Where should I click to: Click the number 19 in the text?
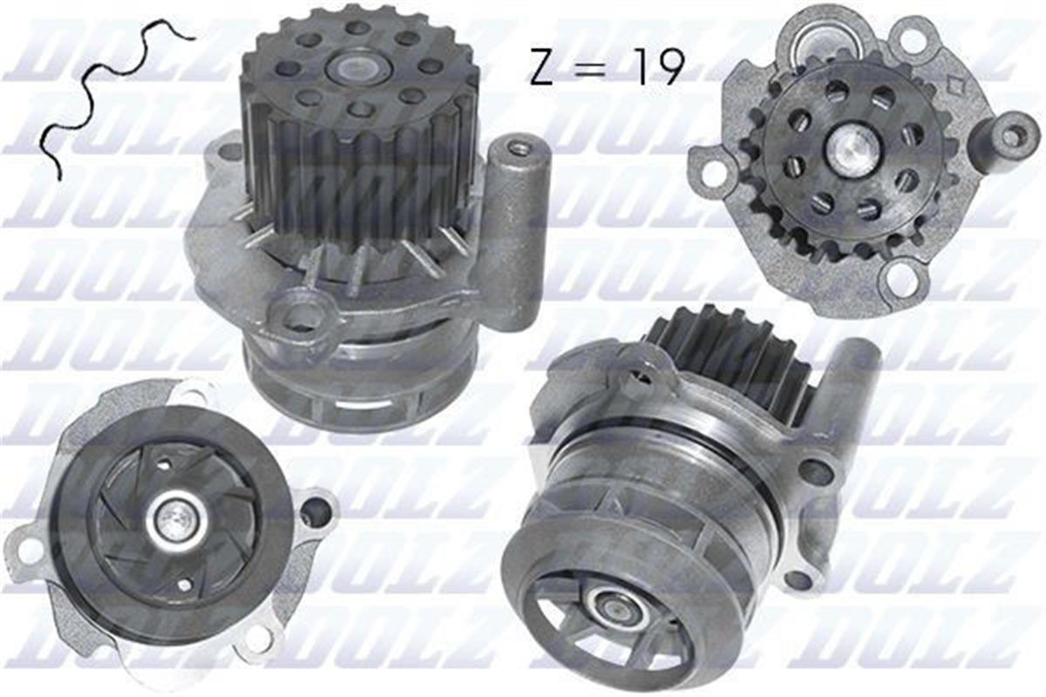tap(659, 66)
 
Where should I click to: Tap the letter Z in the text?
tap(544, 67)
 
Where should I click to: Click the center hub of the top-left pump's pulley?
tap(358, 68)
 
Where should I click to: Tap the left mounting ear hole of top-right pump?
tap(713, 173)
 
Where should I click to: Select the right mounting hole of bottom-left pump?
tap(316, 511)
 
